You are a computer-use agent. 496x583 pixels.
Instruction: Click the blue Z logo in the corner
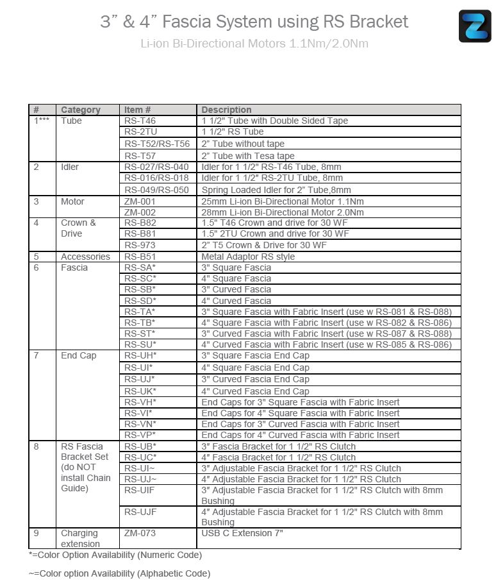coord(475,26)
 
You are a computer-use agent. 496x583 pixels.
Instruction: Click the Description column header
coord(226,110)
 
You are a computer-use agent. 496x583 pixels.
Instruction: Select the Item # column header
coord(138,110)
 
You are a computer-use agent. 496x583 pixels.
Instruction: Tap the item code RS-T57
coord(140,156)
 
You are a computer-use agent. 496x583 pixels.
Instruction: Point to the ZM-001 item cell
coord(140,201)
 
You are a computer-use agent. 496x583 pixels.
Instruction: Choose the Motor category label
coord(72,201)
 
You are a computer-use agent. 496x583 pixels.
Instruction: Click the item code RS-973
coord(140,245)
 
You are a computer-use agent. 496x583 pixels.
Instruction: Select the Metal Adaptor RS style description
coord(249,257)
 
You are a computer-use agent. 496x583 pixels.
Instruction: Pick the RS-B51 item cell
coord(140,257)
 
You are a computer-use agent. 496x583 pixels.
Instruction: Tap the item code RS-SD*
coord(140,301)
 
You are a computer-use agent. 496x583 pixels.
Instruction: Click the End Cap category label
coord(79,355)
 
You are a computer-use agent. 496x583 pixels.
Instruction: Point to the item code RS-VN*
coord(140,424)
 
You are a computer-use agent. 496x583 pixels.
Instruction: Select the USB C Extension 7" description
coord(242,533)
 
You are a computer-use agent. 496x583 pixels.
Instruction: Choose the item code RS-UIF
coord(139,490)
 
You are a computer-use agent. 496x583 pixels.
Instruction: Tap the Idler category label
coord(70,167)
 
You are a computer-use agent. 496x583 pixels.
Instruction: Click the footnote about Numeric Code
coord(115,555)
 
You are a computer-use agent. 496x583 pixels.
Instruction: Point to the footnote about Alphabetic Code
coord(119,573)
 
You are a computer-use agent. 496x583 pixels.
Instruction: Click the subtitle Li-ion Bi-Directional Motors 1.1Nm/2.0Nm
coord(254,44)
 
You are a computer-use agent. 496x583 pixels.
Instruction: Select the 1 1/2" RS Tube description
coord(233,132)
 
